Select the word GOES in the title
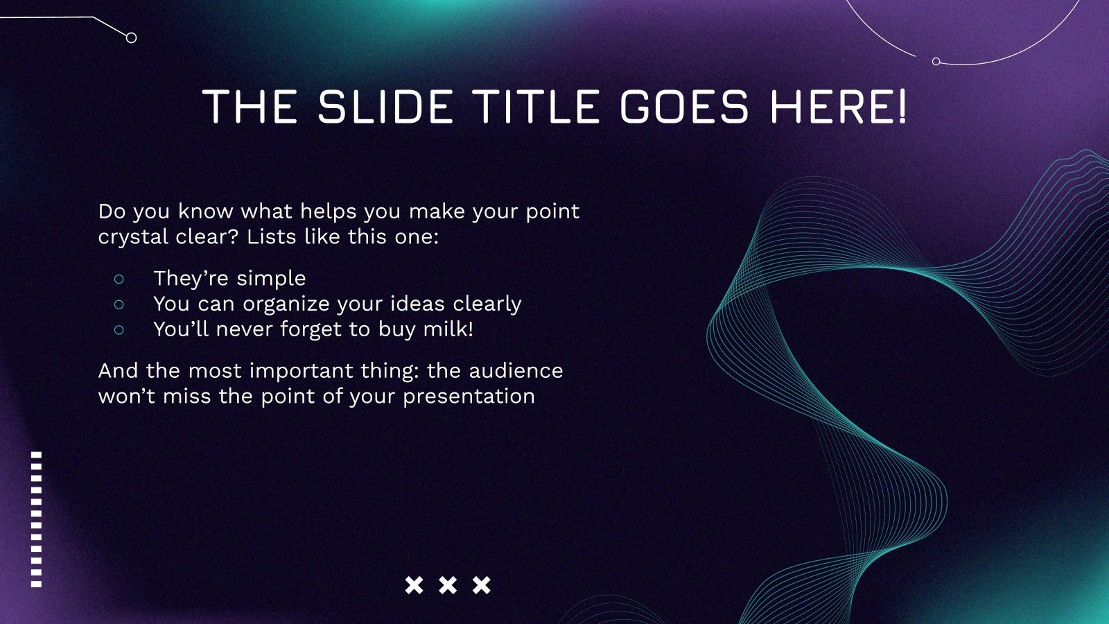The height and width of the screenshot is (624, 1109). [x=683, y=107]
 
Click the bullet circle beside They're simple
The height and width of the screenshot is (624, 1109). [x=119, y=279]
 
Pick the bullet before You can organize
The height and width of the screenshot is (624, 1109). [x=119, y=304]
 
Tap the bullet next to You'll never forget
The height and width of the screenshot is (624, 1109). [x=119, y=329]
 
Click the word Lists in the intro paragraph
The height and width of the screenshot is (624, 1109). [x=270, y=236]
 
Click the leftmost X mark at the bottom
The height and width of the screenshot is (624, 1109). [x=414, y=585]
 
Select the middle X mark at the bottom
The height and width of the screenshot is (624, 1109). [x=448, y=585]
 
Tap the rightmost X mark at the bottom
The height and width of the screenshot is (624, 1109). [x=482, y=585]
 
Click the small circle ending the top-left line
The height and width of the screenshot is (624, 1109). [x=131, y=37]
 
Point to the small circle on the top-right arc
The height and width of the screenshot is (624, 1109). [x=936, y=62]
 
